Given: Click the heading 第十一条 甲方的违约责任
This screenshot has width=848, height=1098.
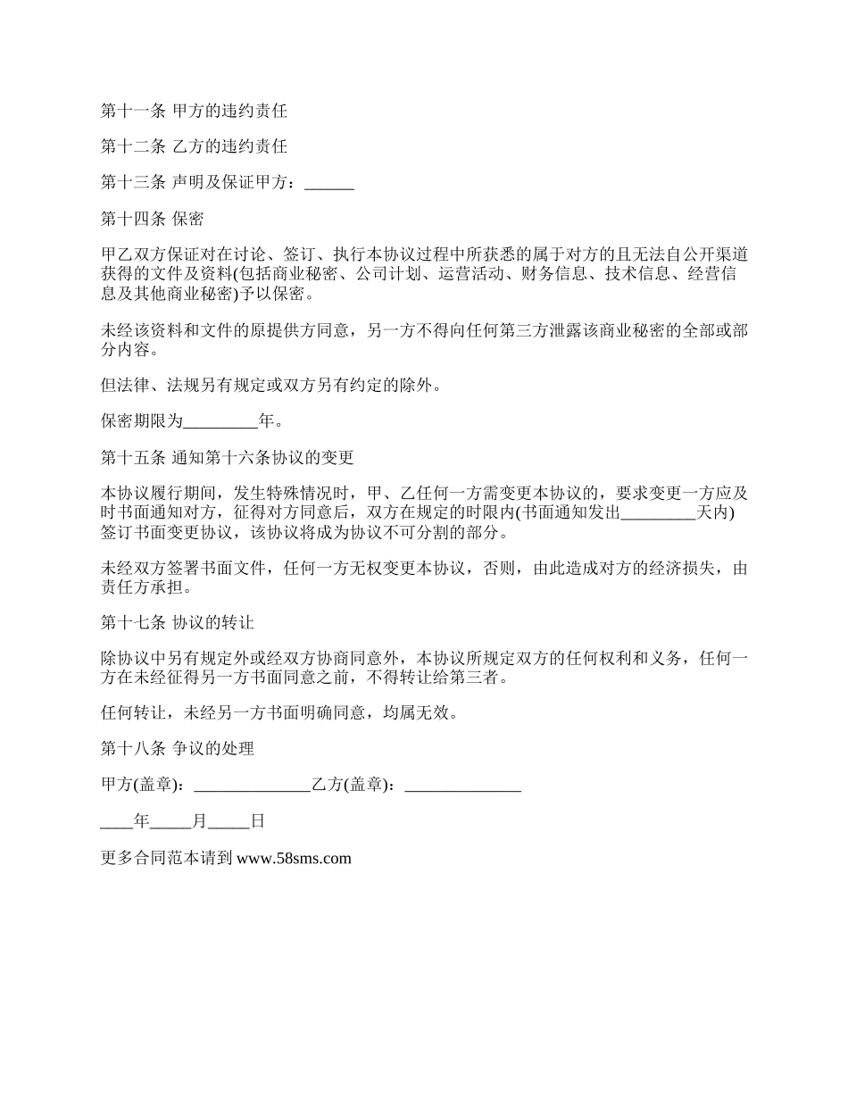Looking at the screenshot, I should tap(194, 112).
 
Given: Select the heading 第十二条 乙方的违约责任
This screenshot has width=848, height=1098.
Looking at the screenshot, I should tap(194, 146).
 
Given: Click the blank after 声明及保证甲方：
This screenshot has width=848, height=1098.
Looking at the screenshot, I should tap(329, 182).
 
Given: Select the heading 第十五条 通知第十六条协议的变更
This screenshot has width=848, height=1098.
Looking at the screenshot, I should tap(228, 457).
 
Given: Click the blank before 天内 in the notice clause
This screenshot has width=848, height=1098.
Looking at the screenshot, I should tap(657, 512).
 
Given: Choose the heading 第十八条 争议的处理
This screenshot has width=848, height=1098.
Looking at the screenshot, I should tap(178, 748).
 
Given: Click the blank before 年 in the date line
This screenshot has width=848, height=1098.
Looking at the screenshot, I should tap(117, 821).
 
